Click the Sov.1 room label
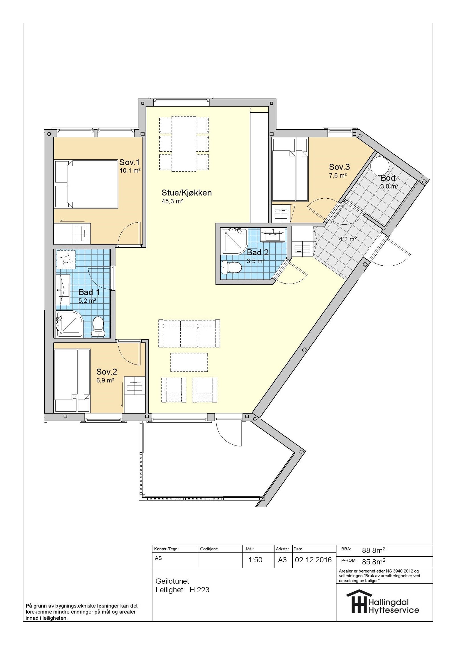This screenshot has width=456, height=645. click(129, 162)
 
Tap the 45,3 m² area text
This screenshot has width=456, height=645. click(172, 201)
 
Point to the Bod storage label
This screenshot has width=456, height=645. click(388, 178)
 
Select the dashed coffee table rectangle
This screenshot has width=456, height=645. click(189, 362)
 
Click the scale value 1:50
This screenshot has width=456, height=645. click(255, 560)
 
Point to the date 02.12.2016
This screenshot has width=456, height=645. click(313, 560)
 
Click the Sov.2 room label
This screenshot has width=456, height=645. click(107, 372)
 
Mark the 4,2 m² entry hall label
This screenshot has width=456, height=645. click(348, 239)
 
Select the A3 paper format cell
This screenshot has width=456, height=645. click(282, 560)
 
